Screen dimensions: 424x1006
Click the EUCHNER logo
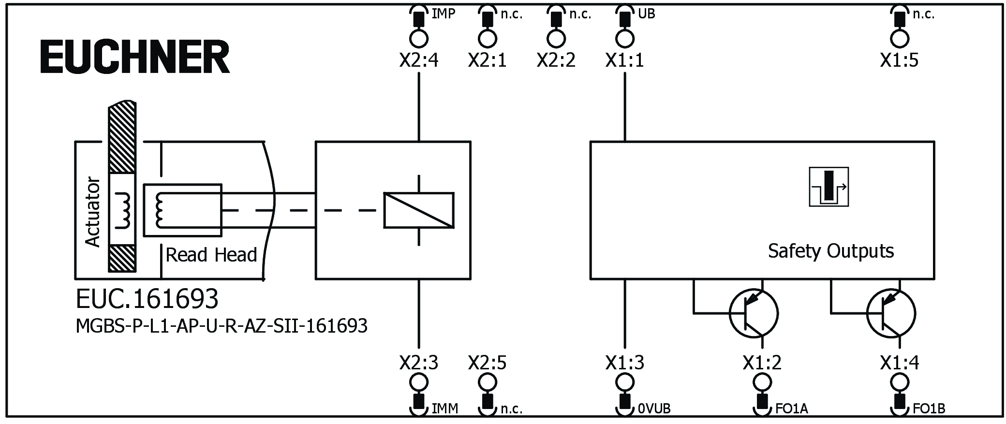[x=135, y=57]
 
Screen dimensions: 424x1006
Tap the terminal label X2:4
[x=419, y=60]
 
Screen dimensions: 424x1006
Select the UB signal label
[x=646, y=14]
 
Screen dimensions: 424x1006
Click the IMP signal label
[x=444, y=14]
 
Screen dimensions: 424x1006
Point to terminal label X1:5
[x=899, y=60]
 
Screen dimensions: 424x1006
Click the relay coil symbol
[x=419, y=210]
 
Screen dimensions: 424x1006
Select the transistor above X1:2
[x=754, y=313]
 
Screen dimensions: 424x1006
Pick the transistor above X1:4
[x=891, y=313]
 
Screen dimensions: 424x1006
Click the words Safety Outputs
[x=830, y=251]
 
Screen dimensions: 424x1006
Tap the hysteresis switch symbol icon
[x=828, y=187]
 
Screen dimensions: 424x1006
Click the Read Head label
[x=211, y=255]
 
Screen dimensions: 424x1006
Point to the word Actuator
[x=92, y=212]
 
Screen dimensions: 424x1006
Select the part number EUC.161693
[x=147, y=299]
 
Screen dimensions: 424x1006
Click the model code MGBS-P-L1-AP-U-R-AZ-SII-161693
[x=222, y=326]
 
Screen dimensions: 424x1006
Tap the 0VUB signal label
[x=654, y=409]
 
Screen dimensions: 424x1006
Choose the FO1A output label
[x=791, y=409]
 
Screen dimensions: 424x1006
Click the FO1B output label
[x=929, y=409]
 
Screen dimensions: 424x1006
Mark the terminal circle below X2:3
[x=419, y=382]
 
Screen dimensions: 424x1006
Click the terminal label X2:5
[x=488, y=363]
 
